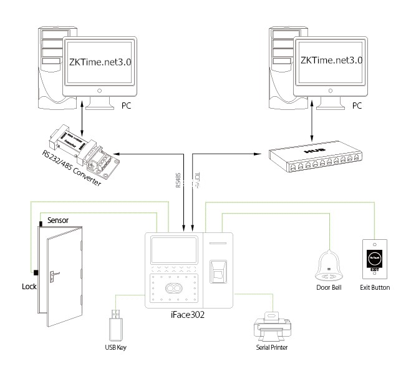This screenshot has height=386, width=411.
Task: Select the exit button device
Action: [375, 260]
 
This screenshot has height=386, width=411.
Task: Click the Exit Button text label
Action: [375, 287]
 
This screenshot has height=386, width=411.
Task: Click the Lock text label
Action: [29, 287]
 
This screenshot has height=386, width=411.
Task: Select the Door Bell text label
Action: [329, 287]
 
